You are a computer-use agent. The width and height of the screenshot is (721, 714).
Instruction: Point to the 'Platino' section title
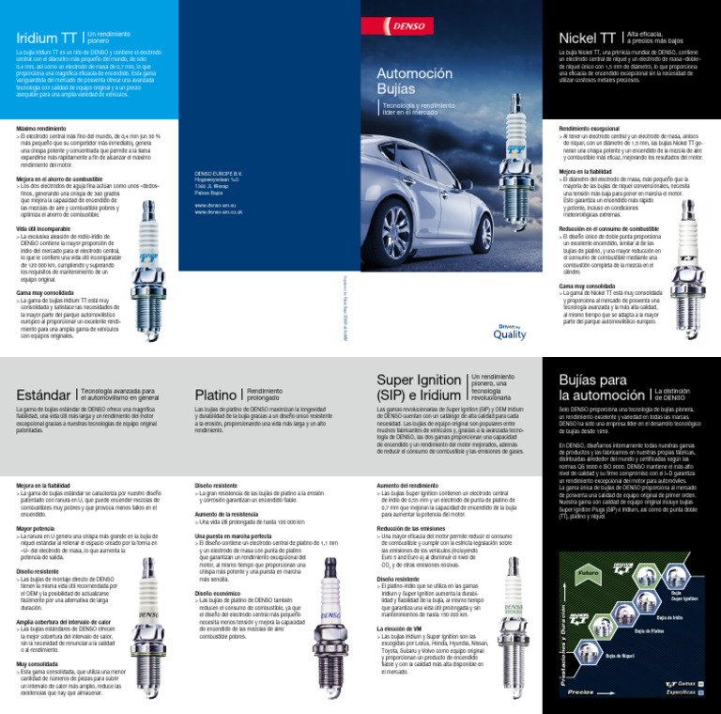pos(214,396)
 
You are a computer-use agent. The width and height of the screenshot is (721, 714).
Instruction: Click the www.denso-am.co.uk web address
pos(218,213)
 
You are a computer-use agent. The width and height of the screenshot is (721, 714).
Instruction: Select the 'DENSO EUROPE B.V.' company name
pos(217,174)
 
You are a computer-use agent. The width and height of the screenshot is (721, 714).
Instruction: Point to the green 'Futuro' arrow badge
pos(590,572)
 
